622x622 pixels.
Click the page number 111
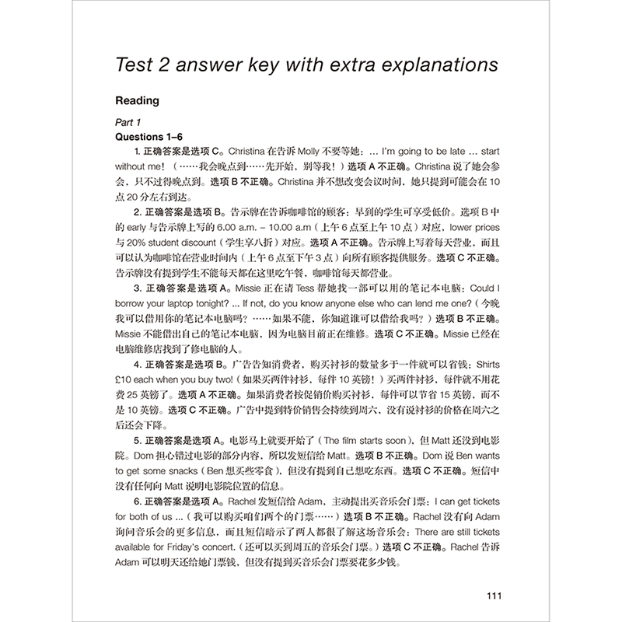tap(496, 596)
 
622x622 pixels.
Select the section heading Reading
tap(137, 100)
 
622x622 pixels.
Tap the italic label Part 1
tap(125, 123)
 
